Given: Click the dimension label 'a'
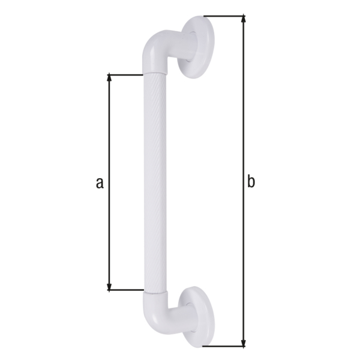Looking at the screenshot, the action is pyautogui.click(x=100, y=184).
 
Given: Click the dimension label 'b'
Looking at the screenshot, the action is pyautogui.click(x=251, y=182).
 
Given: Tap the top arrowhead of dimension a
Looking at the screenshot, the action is pyautogui.click(x=109, y=77).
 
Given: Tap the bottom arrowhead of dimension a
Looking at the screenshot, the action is pyautogui.click(x=109, y=287).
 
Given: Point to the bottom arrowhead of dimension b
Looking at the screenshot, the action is pyautogui.click(x=244, y=342).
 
